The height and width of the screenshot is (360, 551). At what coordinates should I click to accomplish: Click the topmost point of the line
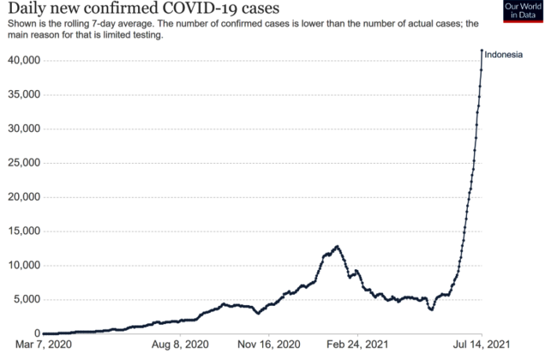(481, 51)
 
